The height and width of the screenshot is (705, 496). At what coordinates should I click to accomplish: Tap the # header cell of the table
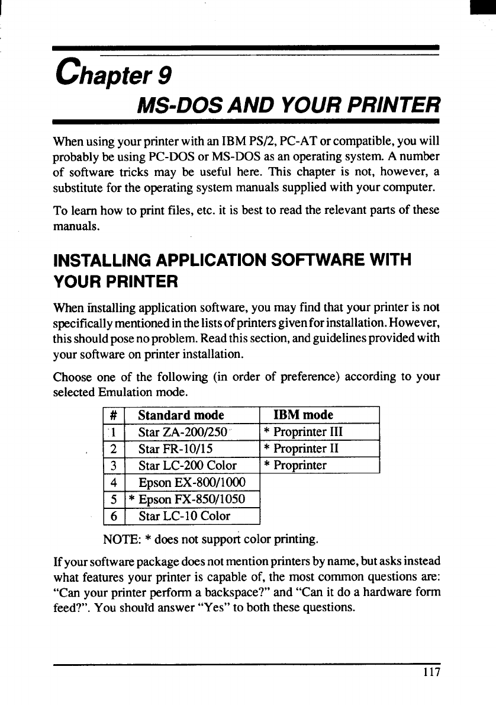pyautogui.click(x=112, y=415)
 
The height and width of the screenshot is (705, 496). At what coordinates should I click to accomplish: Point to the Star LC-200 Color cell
pyautogui.click(x=187, y=466)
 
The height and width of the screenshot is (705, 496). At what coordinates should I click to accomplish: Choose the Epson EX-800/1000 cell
pyautogui.click(x=191, y=482)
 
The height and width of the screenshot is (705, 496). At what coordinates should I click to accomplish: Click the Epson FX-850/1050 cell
pyautogui.click(x=192, y=499)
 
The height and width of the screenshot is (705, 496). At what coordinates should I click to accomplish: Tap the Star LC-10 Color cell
pyautogui.click(x=184, y=516)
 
